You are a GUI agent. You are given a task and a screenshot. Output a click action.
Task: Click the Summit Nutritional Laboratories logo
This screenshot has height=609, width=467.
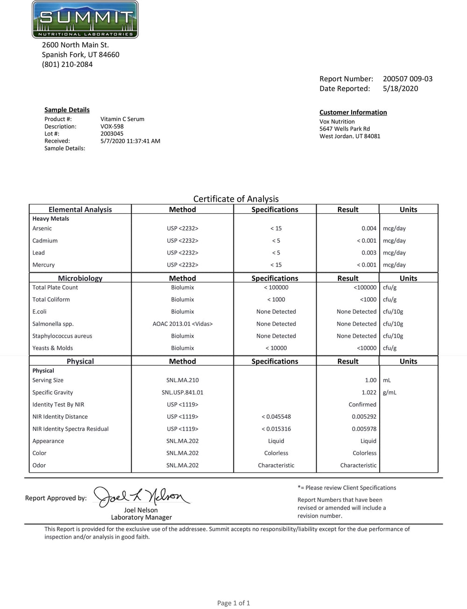[x=85, y=20]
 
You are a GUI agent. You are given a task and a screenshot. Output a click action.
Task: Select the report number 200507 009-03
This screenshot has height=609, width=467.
[x=407, y=79]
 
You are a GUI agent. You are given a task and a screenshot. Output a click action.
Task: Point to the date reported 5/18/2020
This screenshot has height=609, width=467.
[x=400, y=88]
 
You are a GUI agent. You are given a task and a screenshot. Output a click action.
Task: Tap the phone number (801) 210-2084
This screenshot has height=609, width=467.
[x=67, y=64]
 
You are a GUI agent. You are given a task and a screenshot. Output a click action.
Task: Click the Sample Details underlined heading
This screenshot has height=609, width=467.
[x=67, y=109]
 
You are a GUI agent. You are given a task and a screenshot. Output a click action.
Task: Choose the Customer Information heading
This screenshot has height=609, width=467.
[x=353, y=112]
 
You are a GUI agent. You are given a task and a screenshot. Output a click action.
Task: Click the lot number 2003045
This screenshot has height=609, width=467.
[x=112, y=133]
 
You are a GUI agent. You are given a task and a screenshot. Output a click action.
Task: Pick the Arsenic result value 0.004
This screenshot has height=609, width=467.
[x=368, y=228]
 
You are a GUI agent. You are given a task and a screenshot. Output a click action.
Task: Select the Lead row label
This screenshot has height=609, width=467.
[x=38, y=253]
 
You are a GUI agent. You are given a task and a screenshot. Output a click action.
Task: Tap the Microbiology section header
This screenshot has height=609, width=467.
[x=80, y=278]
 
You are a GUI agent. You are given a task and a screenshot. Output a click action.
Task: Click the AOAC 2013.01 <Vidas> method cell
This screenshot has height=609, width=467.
[x=182, y=324]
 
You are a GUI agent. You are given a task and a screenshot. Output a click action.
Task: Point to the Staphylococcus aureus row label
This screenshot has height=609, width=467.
[x=62, y=336]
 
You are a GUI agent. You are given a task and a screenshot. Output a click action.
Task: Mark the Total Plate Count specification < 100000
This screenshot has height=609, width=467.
[x=276, y=287]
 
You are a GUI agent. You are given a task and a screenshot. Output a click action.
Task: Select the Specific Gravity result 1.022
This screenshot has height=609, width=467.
[x=368, y=392]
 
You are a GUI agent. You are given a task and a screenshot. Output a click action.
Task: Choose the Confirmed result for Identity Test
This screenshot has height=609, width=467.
[x=362, y=405]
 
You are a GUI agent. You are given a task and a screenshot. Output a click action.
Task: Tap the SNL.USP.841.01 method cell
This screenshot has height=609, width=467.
[x=182, y=392]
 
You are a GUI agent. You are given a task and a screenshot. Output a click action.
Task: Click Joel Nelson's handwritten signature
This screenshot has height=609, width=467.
[x=141, y=496]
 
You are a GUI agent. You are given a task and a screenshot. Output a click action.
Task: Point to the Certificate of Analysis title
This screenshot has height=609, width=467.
[x=236, y=199]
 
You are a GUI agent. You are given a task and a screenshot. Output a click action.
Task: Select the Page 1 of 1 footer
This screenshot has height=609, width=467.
[x=233, y=603]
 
